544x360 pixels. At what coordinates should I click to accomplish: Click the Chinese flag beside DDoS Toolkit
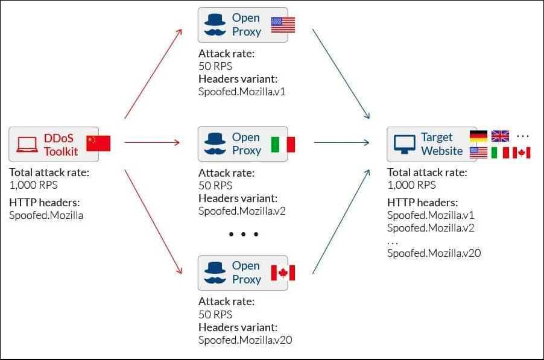(x=98, y=144)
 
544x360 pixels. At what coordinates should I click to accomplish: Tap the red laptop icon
(x=27, y=145)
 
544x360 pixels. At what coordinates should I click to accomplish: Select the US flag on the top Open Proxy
(x=283, y=25)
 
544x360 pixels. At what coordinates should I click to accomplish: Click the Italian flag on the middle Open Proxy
(x=283, y=144)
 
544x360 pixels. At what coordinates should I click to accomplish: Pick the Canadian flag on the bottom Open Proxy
(x=283, y=273)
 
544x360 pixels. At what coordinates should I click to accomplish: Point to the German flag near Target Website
(x=478, y=136)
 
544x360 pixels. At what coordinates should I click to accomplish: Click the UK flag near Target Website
(x=501, y=136)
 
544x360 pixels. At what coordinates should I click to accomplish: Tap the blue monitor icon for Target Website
(x=404, y=144)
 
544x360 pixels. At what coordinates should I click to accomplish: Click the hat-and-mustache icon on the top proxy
(x=215, y=25)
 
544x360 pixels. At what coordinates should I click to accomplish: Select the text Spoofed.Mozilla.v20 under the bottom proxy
(x=245, y=340)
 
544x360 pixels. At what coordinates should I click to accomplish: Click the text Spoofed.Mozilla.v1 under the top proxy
(x=242, y=92)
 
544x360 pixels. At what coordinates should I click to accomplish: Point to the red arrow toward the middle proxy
(x=152, y=142)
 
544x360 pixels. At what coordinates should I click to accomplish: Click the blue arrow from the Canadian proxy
(x=341, y=222)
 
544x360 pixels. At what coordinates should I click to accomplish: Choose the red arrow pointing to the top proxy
(x=153, y=74)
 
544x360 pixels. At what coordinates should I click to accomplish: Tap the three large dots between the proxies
(x=244, y=235)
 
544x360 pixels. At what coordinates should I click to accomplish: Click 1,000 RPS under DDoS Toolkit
(x=34, y=185)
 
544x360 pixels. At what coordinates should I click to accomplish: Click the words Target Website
(x=442, y=144)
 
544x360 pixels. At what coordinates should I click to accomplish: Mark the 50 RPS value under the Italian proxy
(x=215, y=186)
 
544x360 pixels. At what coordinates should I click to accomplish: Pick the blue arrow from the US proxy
(x=341, y=74)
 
